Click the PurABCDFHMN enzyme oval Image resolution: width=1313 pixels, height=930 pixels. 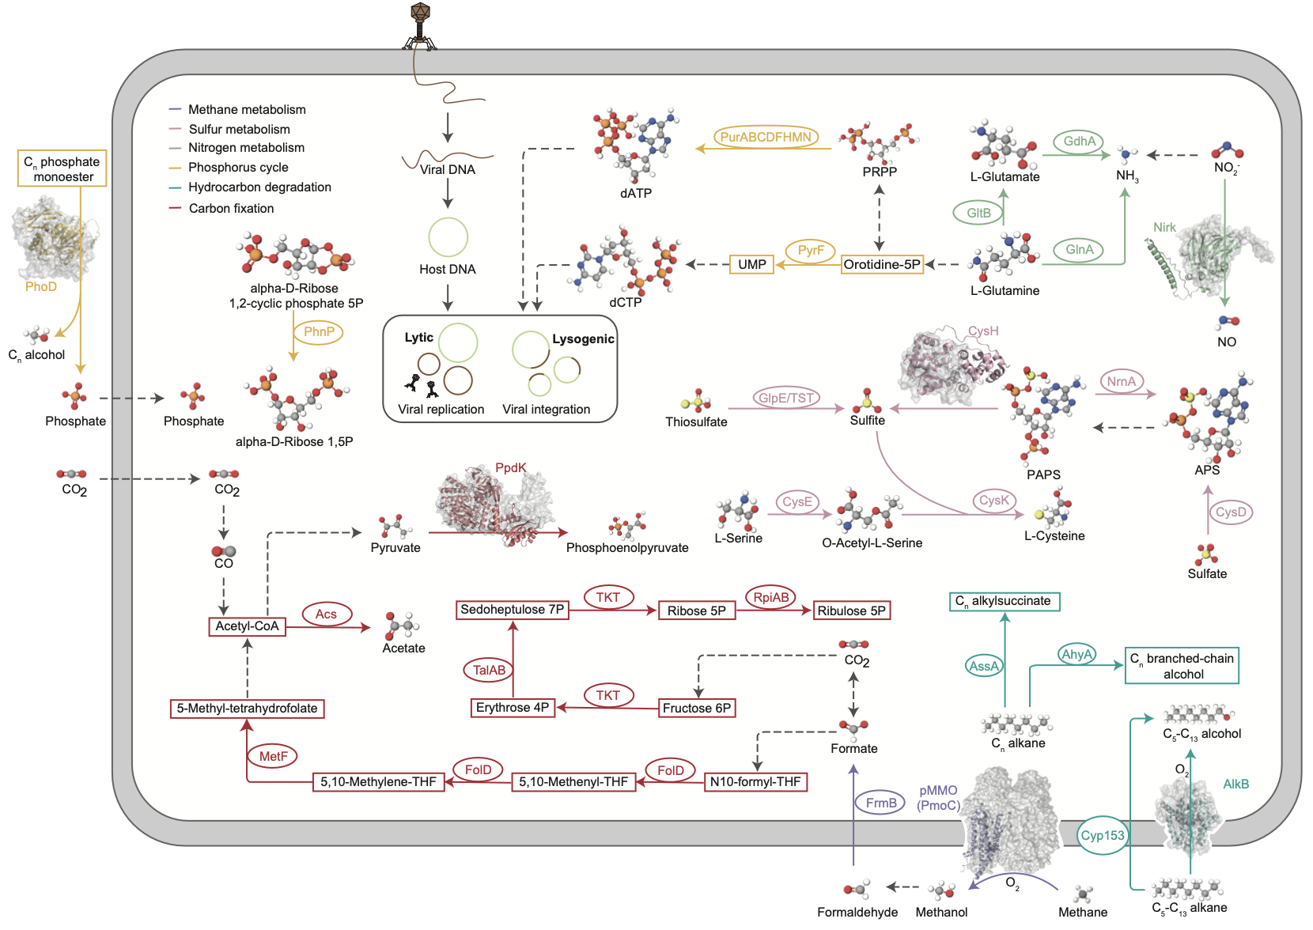pyautogui.click(x=766, y=137)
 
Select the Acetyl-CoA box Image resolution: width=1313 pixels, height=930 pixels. pyautogui.click(x=247, y=626)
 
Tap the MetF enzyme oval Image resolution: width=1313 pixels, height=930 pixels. pyautogui.click(x=273, y=756)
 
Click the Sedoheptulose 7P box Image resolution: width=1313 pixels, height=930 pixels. pyautogui.click(x=513, y=610)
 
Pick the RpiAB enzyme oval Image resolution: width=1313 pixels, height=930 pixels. pyautogui.click(x=771, y=598)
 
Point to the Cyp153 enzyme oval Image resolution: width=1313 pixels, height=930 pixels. pyautogui.click(x=1103, y=836)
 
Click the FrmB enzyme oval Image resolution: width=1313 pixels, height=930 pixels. pyautogui.click(x=880, y=803)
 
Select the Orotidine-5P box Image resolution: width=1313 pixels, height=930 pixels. pyautogui.click(x=882, y=264)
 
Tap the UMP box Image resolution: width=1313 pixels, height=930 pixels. pyautogui.click(x=751, y=264)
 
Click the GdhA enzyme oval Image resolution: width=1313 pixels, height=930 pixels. pyautogui.click(x=1079, y=142)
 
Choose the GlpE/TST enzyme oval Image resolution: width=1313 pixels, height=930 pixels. pyautogui.click(x=786, y=398)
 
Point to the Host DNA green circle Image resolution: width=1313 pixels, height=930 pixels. pyautogui.click(x=448, y=236)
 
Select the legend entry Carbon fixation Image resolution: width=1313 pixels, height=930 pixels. pyautogui.click(x=231, y=208)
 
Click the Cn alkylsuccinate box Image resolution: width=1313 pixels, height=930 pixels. pyautogui.click(x=1004, y=602)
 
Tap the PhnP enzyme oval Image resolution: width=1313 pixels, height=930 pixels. pyautogui.click(x=319, y=331)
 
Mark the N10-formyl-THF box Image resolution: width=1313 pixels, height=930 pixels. pyautogui.click(x=755, y=782)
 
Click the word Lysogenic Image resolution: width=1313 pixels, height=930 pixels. pyautogui.click(x=583, y=339)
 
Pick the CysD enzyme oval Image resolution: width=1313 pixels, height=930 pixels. pyautogui.click(x=1231, y=512)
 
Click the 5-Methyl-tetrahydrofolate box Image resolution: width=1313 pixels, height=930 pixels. pyautogui.click(x=247, y=709)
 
